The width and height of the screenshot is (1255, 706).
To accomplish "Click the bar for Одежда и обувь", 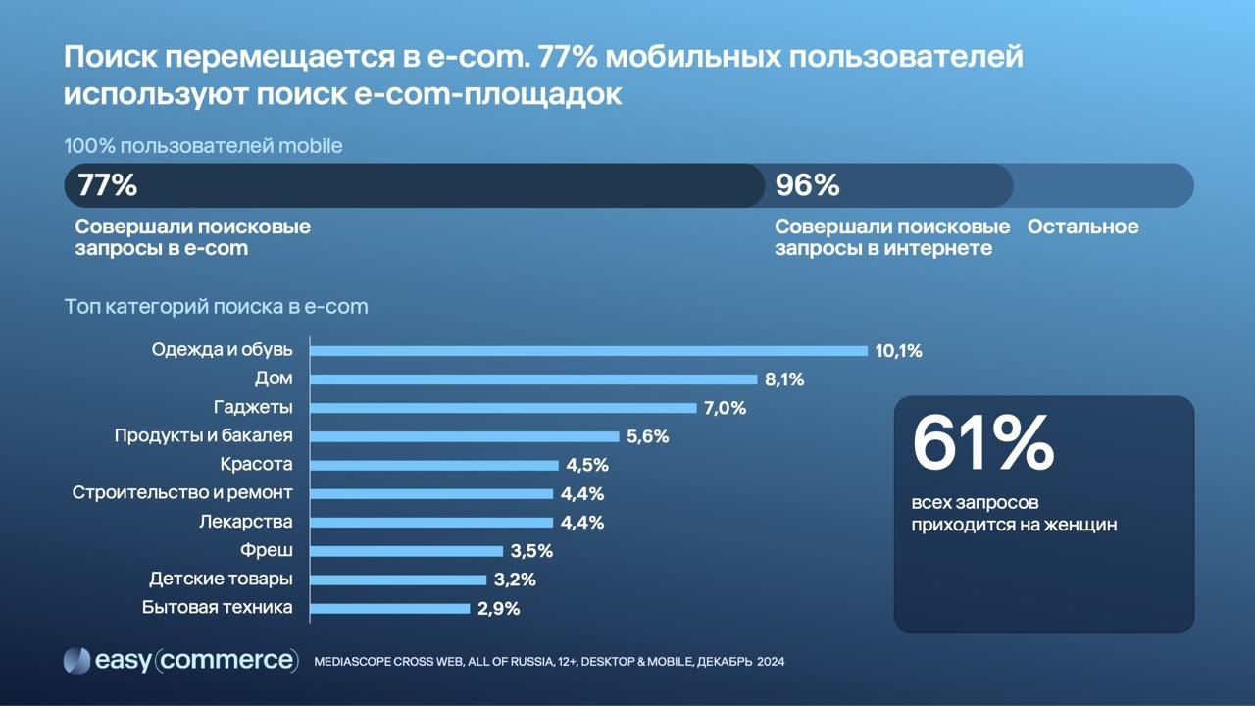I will click(x=588, y=350).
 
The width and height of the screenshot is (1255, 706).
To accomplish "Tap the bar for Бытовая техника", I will click(x=390, y=608).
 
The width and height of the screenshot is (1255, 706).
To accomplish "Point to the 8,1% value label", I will click(x=784, y=379).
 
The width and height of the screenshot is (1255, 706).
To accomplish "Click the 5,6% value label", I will click(x=647, y=437).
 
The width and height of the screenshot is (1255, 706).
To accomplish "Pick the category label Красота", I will click(x=256, y=464).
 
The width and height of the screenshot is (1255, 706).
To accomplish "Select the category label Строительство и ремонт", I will click(x=182, y=492).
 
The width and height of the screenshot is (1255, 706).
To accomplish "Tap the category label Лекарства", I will click(x=245, y=522).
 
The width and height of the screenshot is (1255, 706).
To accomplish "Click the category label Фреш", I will click(x=266, y=550).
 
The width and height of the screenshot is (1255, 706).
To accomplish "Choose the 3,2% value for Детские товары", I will click(x=515, y=580).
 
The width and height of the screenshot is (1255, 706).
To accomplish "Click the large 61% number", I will click(x=982, y=443).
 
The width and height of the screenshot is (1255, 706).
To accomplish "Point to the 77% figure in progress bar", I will click(x=107, y=185).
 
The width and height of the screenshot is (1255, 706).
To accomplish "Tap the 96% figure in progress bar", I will click(x=807, y=185).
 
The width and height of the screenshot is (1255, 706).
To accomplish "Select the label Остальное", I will click(x=1082, y=227).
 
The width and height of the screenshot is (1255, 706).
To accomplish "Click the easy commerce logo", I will click(x=180, y=661).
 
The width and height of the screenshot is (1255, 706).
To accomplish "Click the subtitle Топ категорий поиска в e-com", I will click(x=216, y=307).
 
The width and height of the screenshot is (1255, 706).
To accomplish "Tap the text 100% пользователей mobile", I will click(x=203, y=146).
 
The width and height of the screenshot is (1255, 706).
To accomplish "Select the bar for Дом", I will click(x=533, y=379).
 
